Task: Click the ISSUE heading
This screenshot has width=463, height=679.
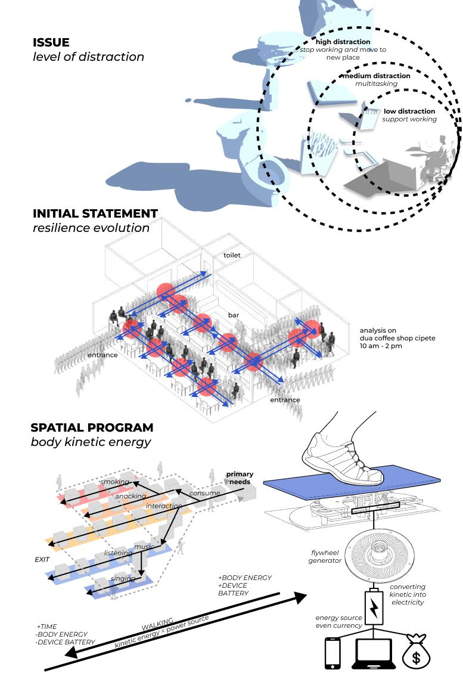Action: click(51, 43)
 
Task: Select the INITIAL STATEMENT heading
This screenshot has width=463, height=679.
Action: click(95, 213)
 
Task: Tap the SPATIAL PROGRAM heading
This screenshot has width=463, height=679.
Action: click(92, 427)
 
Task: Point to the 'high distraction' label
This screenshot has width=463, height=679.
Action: click(343, 42)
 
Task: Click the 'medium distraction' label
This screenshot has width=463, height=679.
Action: click(375, 76)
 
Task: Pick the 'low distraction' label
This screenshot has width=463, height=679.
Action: click(409, 111)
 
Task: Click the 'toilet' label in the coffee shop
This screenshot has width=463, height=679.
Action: click(232, 255)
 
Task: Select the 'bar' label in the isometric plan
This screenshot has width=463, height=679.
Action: click(233, 314)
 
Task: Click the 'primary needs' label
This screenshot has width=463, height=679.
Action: click(240, 478)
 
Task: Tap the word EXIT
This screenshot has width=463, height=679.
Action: click(42, 561)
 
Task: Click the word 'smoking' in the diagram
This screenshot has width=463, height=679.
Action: click(114, 482)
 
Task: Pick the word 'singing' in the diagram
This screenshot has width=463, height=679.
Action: click(122, 578)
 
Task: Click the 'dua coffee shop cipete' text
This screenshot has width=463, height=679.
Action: click(397, 338)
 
